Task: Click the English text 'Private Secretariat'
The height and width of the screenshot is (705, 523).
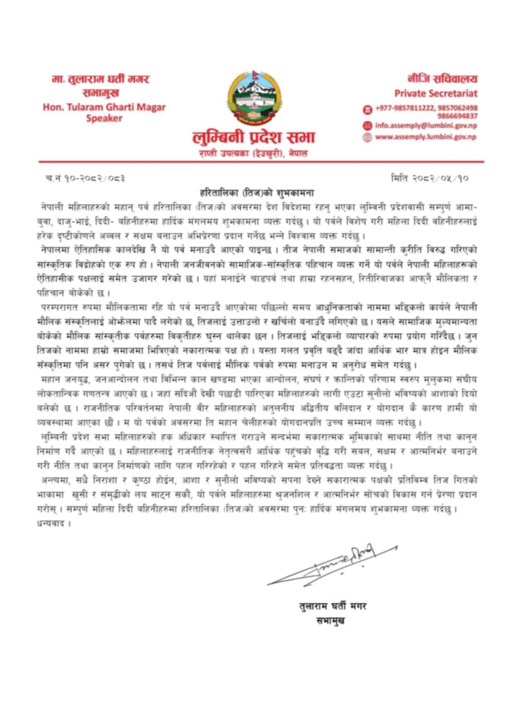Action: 436,93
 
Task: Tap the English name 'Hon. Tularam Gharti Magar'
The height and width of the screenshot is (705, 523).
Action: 104,107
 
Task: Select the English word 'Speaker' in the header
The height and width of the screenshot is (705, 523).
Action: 104,118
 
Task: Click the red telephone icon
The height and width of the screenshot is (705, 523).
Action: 367,109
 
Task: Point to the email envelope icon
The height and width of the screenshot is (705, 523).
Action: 367,126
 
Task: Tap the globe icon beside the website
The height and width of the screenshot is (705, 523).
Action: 367,138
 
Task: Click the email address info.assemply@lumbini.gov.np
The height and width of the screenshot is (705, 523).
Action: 425,126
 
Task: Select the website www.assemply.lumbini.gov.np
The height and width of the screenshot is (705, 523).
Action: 425,137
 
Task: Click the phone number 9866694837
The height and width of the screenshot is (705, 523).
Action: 457,116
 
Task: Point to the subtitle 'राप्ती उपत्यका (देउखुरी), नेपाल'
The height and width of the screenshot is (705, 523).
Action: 253,154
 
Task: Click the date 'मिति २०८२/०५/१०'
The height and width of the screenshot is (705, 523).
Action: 429,178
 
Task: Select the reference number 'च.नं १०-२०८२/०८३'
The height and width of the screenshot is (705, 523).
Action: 85,178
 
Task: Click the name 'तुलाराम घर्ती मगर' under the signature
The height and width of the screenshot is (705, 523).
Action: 333,606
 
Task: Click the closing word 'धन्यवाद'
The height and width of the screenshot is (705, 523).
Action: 53,523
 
